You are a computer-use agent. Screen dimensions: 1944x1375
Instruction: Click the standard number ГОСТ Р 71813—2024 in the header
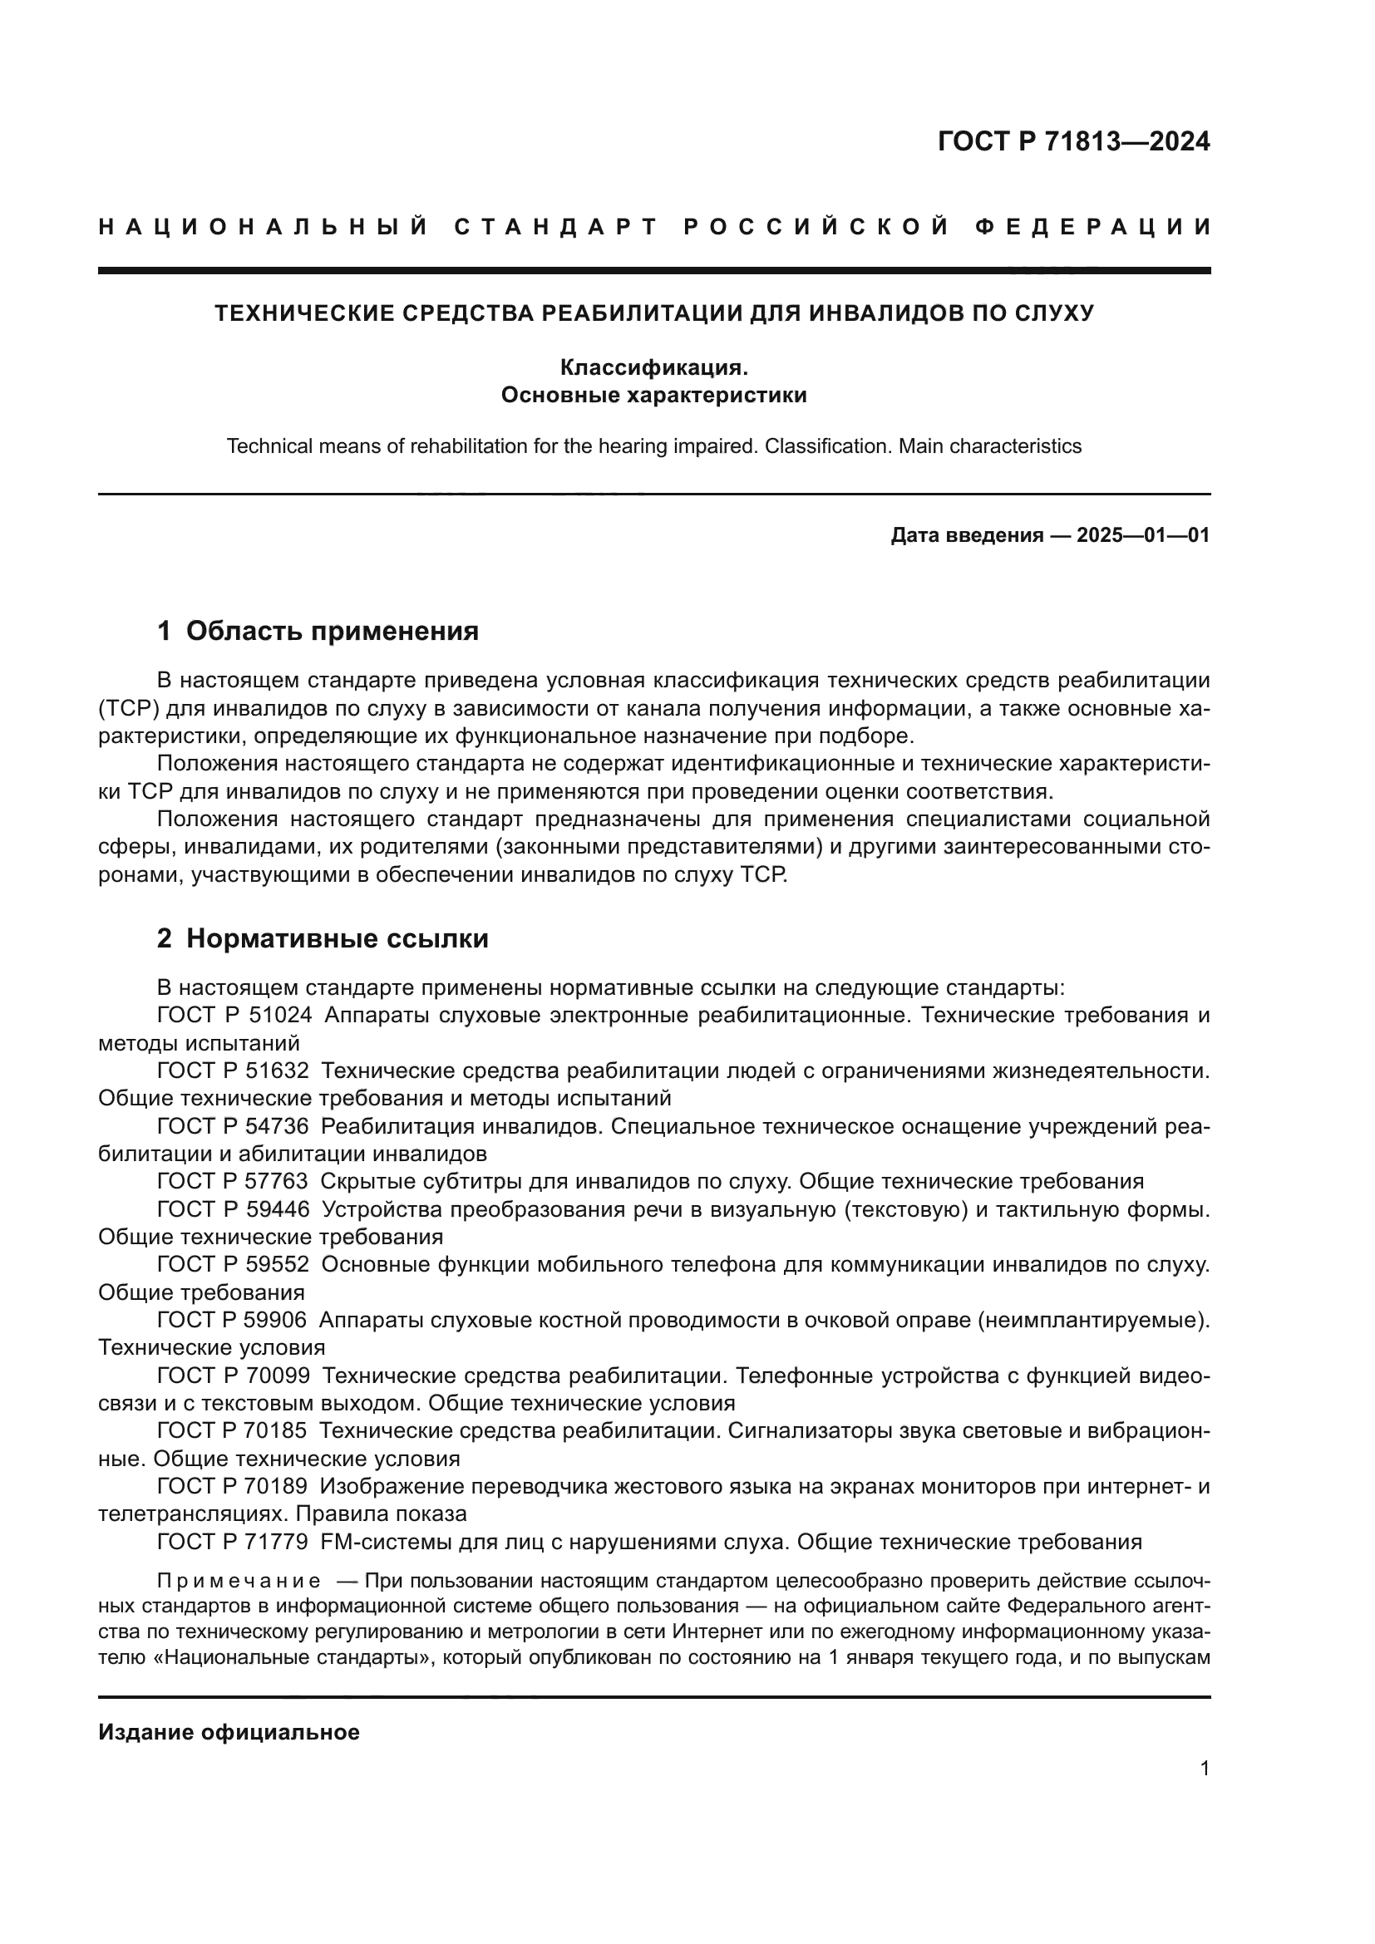coord(1073,141)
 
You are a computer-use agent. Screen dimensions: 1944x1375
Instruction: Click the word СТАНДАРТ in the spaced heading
coord(556,227)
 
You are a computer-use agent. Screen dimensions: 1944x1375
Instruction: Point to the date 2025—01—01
coord(1143,535)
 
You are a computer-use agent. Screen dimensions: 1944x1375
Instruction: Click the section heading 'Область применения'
coord(332,631)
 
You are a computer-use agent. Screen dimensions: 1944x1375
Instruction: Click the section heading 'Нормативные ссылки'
coord(337,938)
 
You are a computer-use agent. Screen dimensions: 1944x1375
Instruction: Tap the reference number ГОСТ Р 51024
coord(234,1015)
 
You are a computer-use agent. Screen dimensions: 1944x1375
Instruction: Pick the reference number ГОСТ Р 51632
coord(234,1071)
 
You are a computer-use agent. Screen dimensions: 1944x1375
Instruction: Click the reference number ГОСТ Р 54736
coord(234,1126)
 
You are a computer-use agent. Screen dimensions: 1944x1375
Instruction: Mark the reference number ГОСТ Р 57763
coord(234,1181)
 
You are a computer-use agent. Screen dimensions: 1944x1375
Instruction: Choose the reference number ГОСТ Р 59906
coord(234,1319)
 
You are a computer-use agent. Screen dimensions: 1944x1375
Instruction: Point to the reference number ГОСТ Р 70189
coord(234,1486)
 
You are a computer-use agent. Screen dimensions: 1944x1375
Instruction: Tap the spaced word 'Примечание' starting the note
coord(239,1581)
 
